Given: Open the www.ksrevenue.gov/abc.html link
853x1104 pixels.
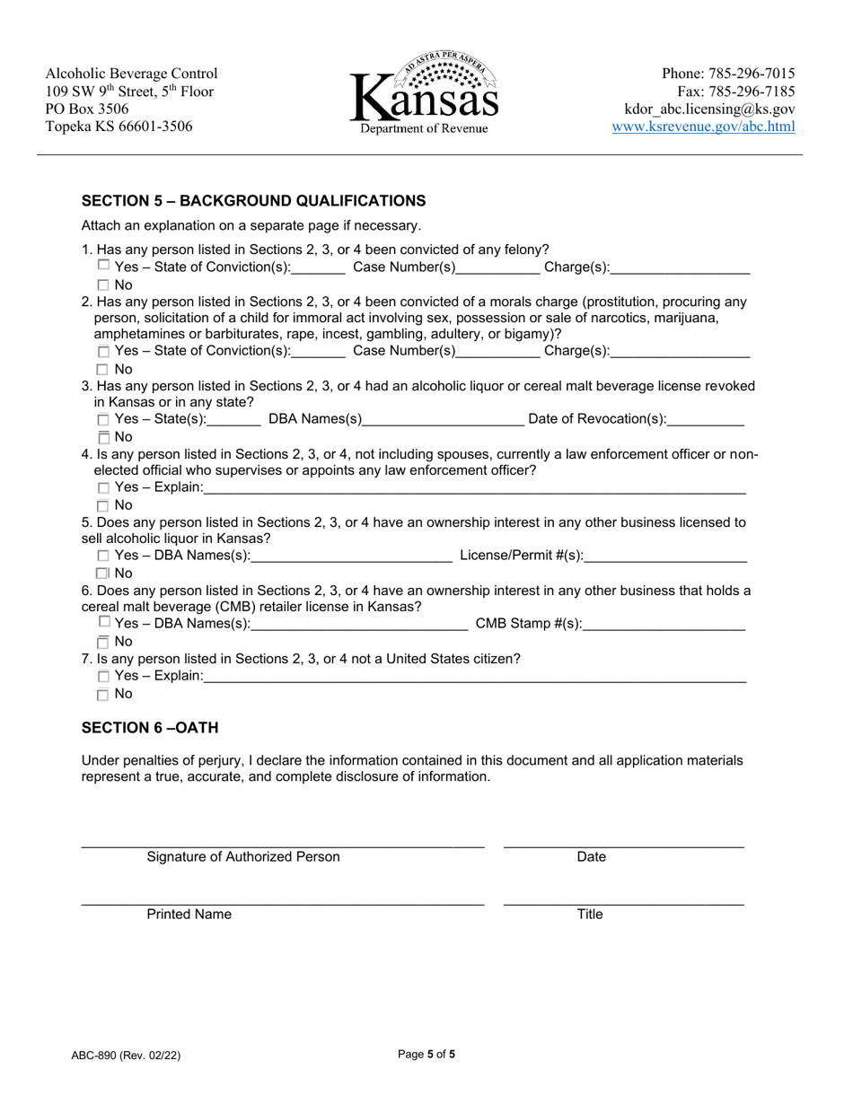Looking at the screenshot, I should pyautogui.click(x=703, y=127).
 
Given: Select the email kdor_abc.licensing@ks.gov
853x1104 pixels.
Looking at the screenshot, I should pyautogui.click(x=709, y=110).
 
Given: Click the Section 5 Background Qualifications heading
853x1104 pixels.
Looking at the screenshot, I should pyautogui.click(x=253, y=200).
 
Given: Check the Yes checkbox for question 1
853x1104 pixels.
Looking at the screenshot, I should pyautogui.click(x=103, y=266).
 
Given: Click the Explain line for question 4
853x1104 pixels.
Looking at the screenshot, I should pyautogui.click(x=475, y=488).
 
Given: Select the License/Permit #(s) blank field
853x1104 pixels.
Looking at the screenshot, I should pyautogui.click(x=665, y=556).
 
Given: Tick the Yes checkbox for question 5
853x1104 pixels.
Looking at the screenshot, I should pyautogui.click(x=103, y=556).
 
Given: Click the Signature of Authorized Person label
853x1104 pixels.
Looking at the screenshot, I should pyautogui.click(x=243, y=857).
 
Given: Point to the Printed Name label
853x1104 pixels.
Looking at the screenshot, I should pyautogui.click(x=189, y=915).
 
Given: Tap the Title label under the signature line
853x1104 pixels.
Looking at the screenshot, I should pyautogui.click(x=590, y=915).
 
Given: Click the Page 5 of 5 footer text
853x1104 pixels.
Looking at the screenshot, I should pyautogui.click(x=426, y=1056).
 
